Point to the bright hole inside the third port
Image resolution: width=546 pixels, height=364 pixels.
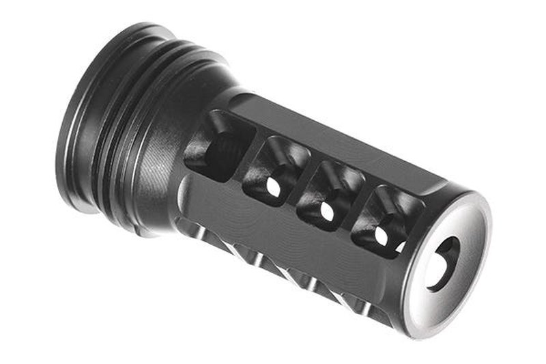click(328, 211)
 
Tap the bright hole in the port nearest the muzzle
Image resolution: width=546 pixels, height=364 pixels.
click(380, 236)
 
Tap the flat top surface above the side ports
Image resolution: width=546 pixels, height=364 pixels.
click(341, 147)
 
